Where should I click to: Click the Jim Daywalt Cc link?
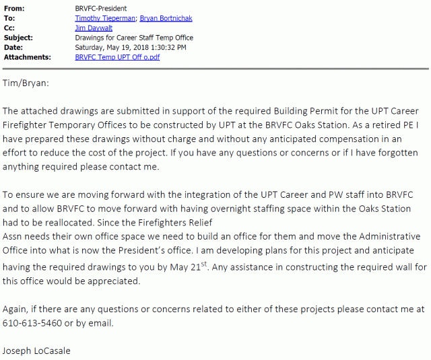coord(92,29)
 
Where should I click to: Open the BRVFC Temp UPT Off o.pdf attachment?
coord(117,57)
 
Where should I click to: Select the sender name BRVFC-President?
coord(102,8)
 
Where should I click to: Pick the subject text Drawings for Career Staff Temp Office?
coord(133,38)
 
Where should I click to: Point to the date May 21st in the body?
coord(347,267)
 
